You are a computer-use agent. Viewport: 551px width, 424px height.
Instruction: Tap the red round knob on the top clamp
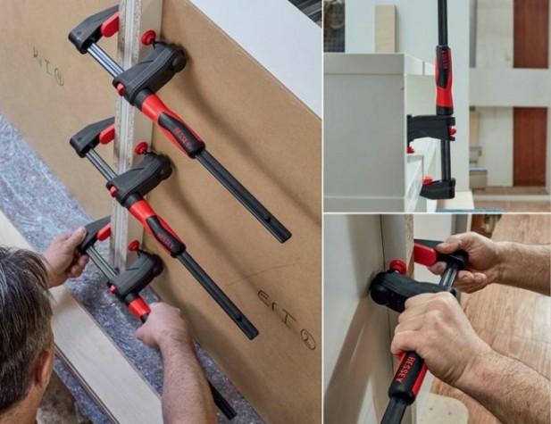[148, 37]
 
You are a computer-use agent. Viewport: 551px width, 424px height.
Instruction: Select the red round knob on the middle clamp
[141, 148]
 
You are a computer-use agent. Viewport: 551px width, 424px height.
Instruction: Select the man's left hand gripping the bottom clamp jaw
[67, 254]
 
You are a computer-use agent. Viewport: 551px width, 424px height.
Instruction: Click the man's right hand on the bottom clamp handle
[166, 328]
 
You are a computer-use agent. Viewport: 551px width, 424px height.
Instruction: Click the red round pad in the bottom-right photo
[397, 266]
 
